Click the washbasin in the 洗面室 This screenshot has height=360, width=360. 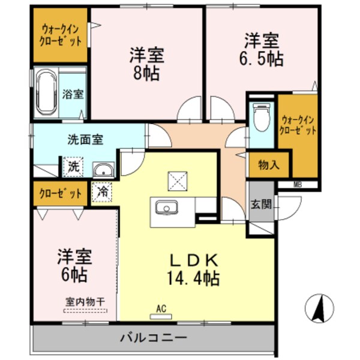pyautogui.click(x=103, y=169)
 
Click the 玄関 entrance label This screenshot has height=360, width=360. pyautogui.click(x=261, y=204)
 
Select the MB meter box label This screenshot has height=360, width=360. pyautogui.click(x=298, y=184)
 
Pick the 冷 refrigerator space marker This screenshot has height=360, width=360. pyautogui.click(x=103, y=193)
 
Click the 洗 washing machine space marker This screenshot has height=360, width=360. pyautogui.click(x=73, y=167)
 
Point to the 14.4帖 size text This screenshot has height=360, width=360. pyautogui.click(x=194, y=278)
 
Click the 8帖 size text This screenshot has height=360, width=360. pyautogui.click(x=147, y=75)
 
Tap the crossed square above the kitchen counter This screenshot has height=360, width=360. pyautogui.click(x=178, y=180)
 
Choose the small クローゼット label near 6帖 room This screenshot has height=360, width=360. pyautogui.click(x=60, y=193)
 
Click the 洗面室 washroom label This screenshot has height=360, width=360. pyautogui.click(x=85, y=139)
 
